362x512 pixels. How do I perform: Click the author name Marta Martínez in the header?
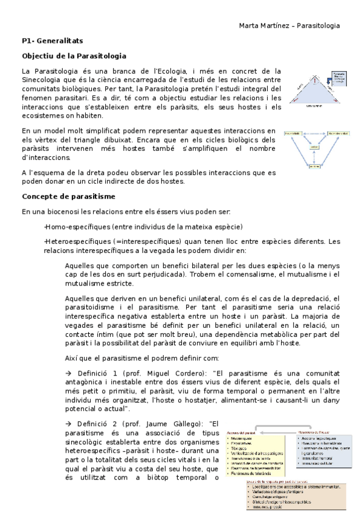click(x=262, y=26)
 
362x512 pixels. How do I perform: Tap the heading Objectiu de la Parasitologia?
click(x=74, y=56)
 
